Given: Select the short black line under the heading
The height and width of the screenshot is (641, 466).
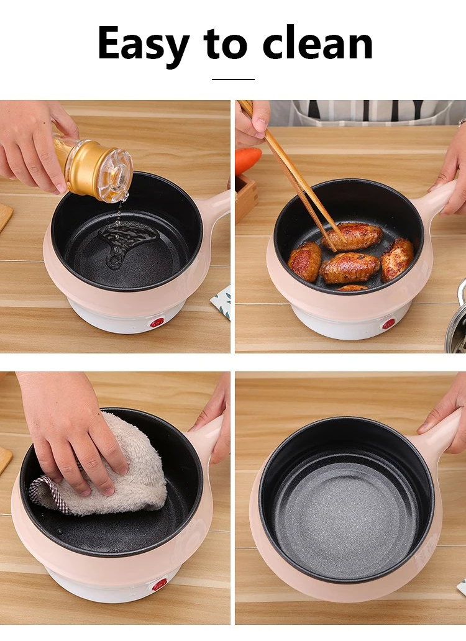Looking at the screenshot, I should click(x=233, y=80).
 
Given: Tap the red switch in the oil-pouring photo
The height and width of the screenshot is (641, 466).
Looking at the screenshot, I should click(x=157, y=322).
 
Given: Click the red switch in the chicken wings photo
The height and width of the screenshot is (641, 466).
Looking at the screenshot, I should click(x=388, y=324).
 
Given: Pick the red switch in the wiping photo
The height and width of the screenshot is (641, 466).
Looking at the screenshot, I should click(x=160, y=584).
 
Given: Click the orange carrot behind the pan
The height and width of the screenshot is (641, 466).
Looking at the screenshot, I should click(x=248, y=160).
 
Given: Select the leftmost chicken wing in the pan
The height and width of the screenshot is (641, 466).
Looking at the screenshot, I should click(x=305, y=261).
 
